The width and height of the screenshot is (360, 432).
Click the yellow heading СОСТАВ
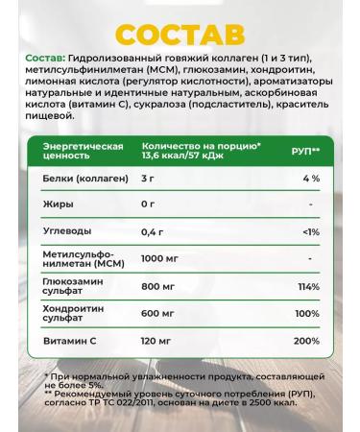click(x=180, y=35)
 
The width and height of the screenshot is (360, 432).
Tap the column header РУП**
click(x=304, y=152)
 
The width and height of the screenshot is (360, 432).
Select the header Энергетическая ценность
click(x=83, y=151)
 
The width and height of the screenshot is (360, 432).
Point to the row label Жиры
click(x=59, y=204)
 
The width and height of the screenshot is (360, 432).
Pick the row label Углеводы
click(x=68, y=231)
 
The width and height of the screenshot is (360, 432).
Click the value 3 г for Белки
click(x=147, y=179)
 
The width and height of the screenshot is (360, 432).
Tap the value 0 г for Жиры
click(x=147, y=204)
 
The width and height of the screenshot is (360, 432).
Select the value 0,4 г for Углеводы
click(x=152, y=231)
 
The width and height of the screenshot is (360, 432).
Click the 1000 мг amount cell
click(x=159, y=259)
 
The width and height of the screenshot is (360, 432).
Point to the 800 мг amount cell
click(x=157, y=286)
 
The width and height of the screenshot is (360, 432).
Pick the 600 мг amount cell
click(x=157, y=313)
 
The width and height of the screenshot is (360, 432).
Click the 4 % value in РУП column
click(x=309, y=179)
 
